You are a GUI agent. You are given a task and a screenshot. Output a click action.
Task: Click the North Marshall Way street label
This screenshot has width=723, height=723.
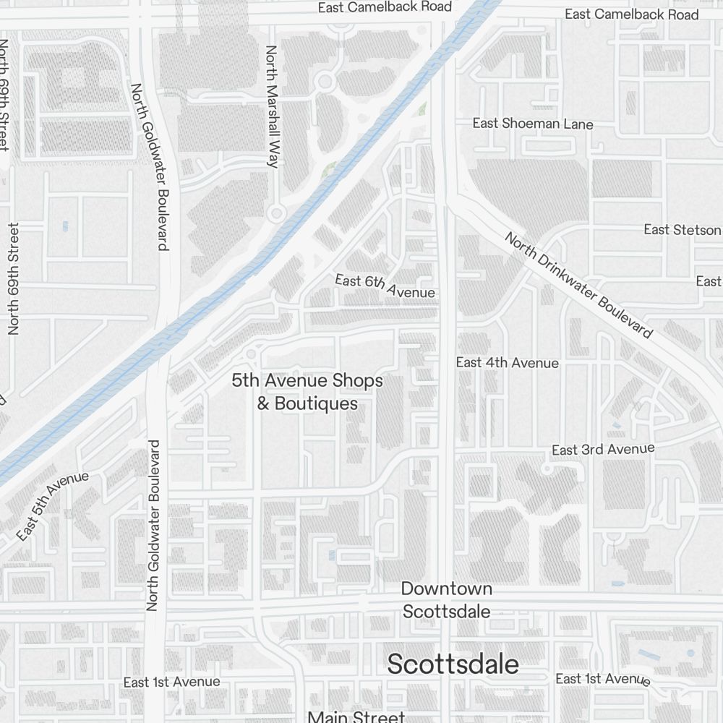pyautogui.click(x=272, y=106)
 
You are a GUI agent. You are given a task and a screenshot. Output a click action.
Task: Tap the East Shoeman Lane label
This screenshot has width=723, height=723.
pyautogui.click(x=533, y=124)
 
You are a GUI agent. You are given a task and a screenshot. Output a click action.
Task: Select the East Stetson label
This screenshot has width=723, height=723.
pyautogui.click(x=683, y=230)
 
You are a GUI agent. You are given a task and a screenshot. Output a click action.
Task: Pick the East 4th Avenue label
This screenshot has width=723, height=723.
pyautogui.click(x=507, y=362)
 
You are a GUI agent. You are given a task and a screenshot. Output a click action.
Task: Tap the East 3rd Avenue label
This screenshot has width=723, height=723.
pyautogui.click(x=603, y=450)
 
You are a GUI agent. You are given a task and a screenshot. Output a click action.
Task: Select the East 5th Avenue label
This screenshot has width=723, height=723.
pyautogui.click(x=52, y=505)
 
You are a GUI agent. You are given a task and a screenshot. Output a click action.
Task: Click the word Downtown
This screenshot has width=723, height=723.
pyautogui.click(x=447, y=589)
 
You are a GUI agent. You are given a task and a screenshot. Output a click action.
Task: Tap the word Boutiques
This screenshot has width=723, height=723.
pyautogui.click(x=317, y=403)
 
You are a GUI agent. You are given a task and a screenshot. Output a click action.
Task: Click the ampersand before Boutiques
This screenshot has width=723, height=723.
pyautogui.click(x=263, y=403)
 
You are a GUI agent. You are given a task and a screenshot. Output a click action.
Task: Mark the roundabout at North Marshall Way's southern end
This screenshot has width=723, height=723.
pyautogui.click(x=275, y=213)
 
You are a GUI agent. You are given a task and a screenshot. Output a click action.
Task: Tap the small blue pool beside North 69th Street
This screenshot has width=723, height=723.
pyautogui.click(x=65, y=226)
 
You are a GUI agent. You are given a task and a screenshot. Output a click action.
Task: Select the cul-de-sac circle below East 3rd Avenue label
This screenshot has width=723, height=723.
pyautogui.click(x=547, y=469)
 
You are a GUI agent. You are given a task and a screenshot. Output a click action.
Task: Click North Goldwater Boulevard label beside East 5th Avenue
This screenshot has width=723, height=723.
pyautogui.click(x=153, y=525)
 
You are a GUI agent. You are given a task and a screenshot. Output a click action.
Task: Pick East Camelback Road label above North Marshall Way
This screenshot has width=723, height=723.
pyautogui.click(x=385, y=7)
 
